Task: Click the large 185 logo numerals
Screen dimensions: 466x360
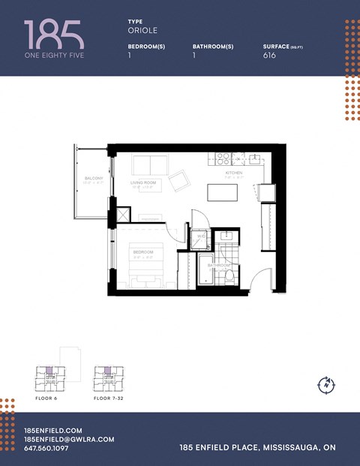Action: click(x=54, y=35)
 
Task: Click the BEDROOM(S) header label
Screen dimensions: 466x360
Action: click(x=146, y=47)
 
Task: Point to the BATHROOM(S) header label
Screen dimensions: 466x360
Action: click(x=213, y=47)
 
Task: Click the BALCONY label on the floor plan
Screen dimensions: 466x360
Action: click(x=94, y=179)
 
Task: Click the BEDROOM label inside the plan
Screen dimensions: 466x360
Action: click(x=142, y=251)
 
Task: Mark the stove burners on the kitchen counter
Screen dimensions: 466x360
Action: click(x=223, y=158)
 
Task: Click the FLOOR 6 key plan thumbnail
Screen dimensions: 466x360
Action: click(x=46, y=379)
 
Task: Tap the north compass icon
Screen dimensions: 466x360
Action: click(x=327, y=384)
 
